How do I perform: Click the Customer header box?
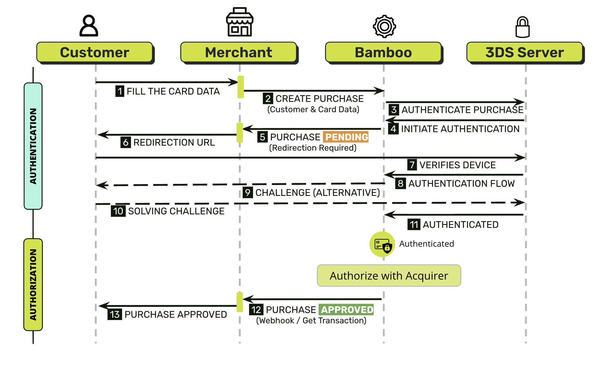(95, 52)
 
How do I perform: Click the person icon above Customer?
(89, 26)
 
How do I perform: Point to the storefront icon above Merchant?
(240, 22)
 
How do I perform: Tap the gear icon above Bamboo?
(384, 26)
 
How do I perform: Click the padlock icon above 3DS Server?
(523, 27)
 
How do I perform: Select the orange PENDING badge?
(346, 137)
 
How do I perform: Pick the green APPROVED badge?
(346, 310)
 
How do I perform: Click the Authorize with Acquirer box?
(389, 276)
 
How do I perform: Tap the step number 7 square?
(412, 165)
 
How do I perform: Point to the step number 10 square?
(118, 211)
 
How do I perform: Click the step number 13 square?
(115, 314)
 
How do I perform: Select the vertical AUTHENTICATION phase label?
(33, 146)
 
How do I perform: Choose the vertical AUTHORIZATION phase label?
(33, 285)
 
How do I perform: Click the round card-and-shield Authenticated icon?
(382, 244)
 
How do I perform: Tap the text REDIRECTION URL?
(174, 142)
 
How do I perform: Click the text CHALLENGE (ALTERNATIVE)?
(318, 193)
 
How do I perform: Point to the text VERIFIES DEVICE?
(458, 165)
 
